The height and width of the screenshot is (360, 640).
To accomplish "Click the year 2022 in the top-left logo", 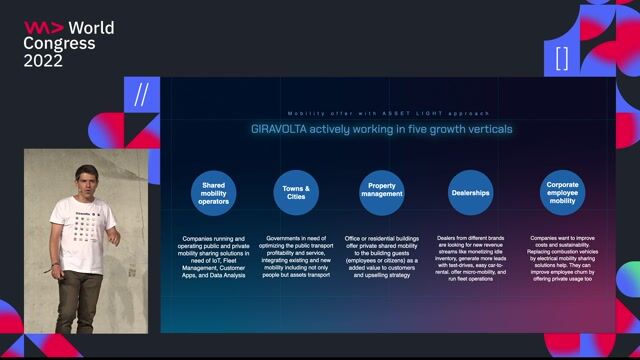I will (43, 61).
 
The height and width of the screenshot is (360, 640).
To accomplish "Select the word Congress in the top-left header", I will (59, 44).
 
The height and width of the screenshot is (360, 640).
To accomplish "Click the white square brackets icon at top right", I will (563, 58).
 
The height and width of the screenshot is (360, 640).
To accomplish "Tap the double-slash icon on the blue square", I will (141, 96).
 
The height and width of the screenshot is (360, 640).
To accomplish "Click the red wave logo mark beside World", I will (44, 27).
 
